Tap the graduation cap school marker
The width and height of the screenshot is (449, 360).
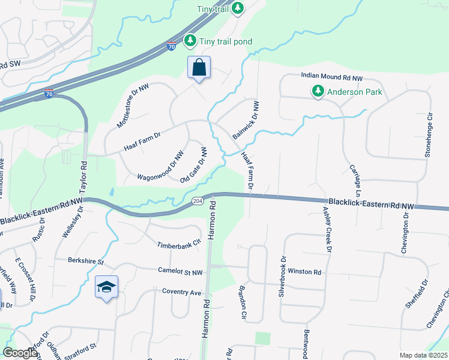(x=106, y=287)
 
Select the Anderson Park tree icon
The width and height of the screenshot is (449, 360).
(x=317, y=92)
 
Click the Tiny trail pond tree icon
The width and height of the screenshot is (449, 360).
(x=190, y=41)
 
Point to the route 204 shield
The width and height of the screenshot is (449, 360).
(x=197, y=200)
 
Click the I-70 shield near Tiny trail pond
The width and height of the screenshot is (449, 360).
(x=171, y=46)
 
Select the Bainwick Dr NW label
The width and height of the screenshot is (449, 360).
(x=246, y=119)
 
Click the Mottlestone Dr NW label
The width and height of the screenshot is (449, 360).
(x=136, y=106)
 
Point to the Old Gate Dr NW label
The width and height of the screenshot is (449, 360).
(x=194, y=166)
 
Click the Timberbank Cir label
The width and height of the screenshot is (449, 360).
(x=179, y=245)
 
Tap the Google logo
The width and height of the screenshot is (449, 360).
(x=20, y=353)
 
